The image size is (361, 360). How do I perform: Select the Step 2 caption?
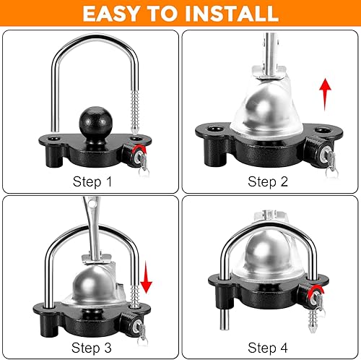pyautogui.click(x=268, y=181)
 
